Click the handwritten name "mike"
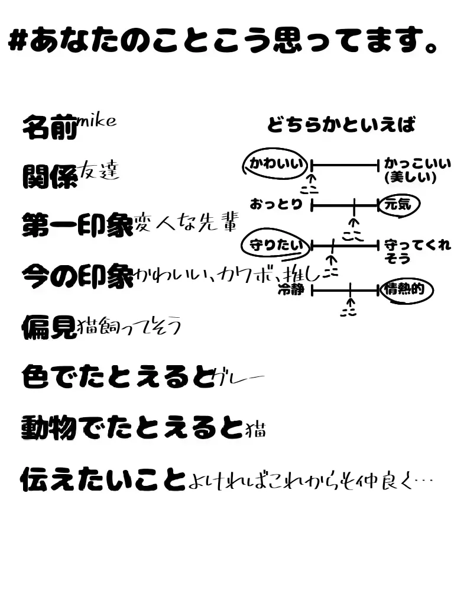pyautogui.click(x=96, y=121)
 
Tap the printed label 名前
pyautogui.click(x=50, y=127)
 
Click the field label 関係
pyautogui.click(x=50, y=176)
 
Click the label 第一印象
pyautogui.click(x=77, y=225)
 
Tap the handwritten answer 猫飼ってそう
pyautogui.click(x=129, y=325)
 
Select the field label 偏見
pyautogui.click(x=50, y=326)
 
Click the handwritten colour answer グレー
pyautogui.click(x=238, y=377)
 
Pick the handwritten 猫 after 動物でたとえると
pyautogui.click(x=255, y=428)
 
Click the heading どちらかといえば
pyautogui.click(x=341, y=125)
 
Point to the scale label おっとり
pyautogui.click(x=277, y=205)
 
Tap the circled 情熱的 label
pyautogui.click(x=407, y=290)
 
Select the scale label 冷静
pyautogui.click(x=290, y=290)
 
